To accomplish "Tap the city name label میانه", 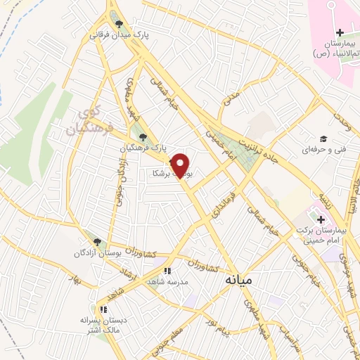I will point(238,279).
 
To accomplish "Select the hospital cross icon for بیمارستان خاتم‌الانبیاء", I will point(340,32).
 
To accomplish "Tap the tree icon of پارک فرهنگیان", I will point(143,138).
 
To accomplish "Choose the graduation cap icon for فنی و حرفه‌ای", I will point(323,139).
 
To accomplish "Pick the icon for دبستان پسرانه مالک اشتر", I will point(103,309).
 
